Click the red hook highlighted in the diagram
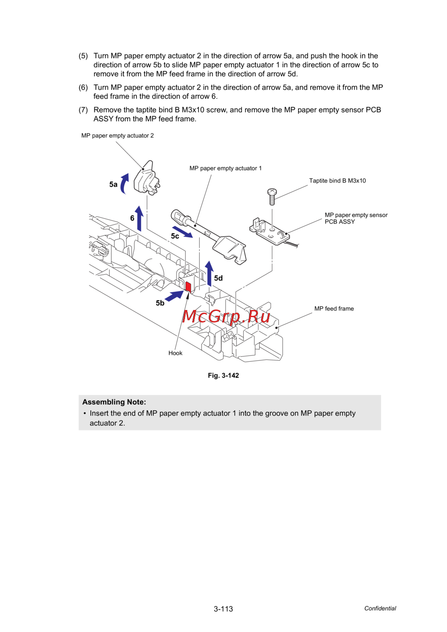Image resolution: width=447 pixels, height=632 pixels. coord(188,286)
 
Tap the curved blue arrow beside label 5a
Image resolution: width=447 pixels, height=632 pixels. coord(124,184)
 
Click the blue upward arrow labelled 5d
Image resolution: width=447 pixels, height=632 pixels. coord(209,273)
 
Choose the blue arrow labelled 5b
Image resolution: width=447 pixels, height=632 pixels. coord(174,296)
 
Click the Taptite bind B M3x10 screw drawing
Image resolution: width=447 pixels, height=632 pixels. coord(272,196)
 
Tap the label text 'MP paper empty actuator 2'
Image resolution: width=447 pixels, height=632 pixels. coord(118,136)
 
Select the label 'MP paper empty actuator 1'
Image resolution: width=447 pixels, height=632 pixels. coord(225,168)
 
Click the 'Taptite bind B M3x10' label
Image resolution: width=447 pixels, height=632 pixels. coord(337,181)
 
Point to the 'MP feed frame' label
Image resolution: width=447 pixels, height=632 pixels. coord(334,309)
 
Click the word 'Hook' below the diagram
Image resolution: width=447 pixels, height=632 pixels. coord(175,353)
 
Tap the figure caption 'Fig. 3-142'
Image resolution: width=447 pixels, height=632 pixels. coord(223,376)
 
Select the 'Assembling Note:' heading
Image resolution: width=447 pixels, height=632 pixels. coord(114,402)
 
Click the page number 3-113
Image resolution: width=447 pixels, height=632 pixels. coord(223,609)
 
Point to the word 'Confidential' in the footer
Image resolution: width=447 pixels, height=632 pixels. coord(380,608)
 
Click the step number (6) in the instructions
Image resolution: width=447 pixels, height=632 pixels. coord(83,88)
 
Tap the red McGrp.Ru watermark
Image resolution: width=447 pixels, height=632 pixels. coord(226,316)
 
